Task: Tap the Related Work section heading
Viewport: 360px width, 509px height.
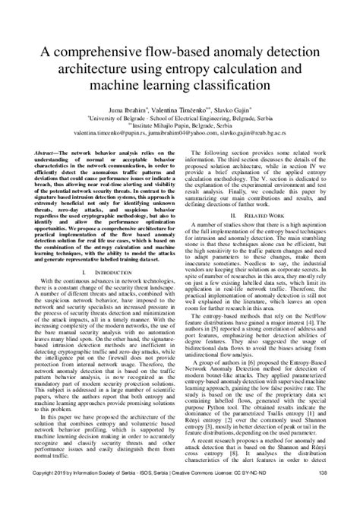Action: point(266,215)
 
